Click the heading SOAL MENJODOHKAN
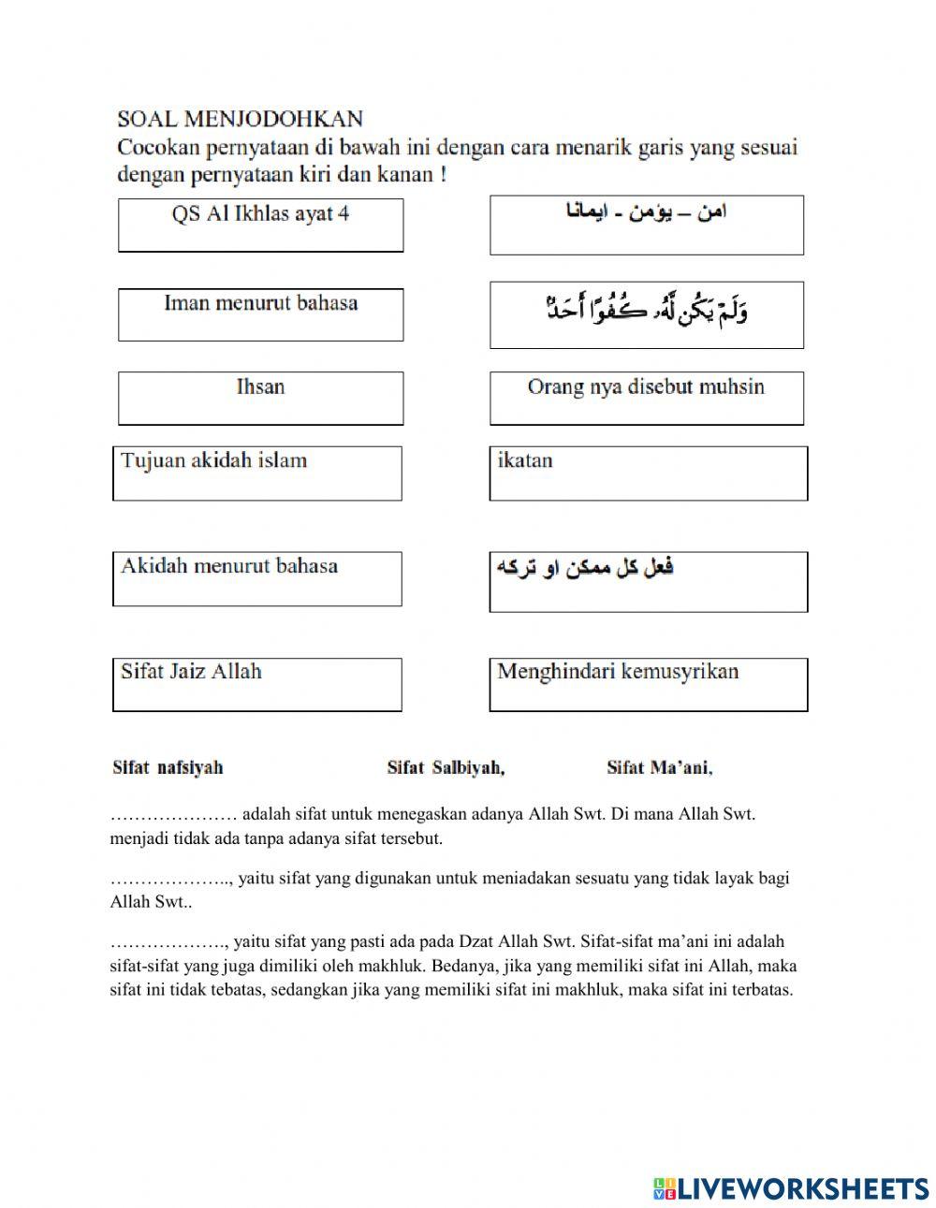240,119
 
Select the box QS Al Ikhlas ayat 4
260,225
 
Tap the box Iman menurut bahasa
260,314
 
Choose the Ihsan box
260,398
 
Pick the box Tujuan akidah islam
257,473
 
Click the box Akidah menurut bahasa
257,578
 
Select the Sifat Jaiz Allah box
257,684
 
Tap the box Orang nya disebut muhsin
646,398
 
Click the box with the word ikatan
648,473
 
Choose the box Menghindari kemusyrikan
648,684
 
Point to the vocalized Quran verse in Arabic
646,310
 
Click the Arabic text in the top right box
646,213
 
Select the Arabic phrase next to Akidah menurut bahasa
585,568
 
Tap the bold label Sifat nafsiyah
168,768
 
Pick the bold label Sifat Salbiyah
446,768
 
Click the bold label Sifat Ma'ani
659,768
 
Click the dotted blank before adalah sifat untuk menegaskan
173,815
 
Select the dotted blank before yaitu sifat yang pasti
168,942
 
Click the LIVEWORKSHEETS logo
791,1188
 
